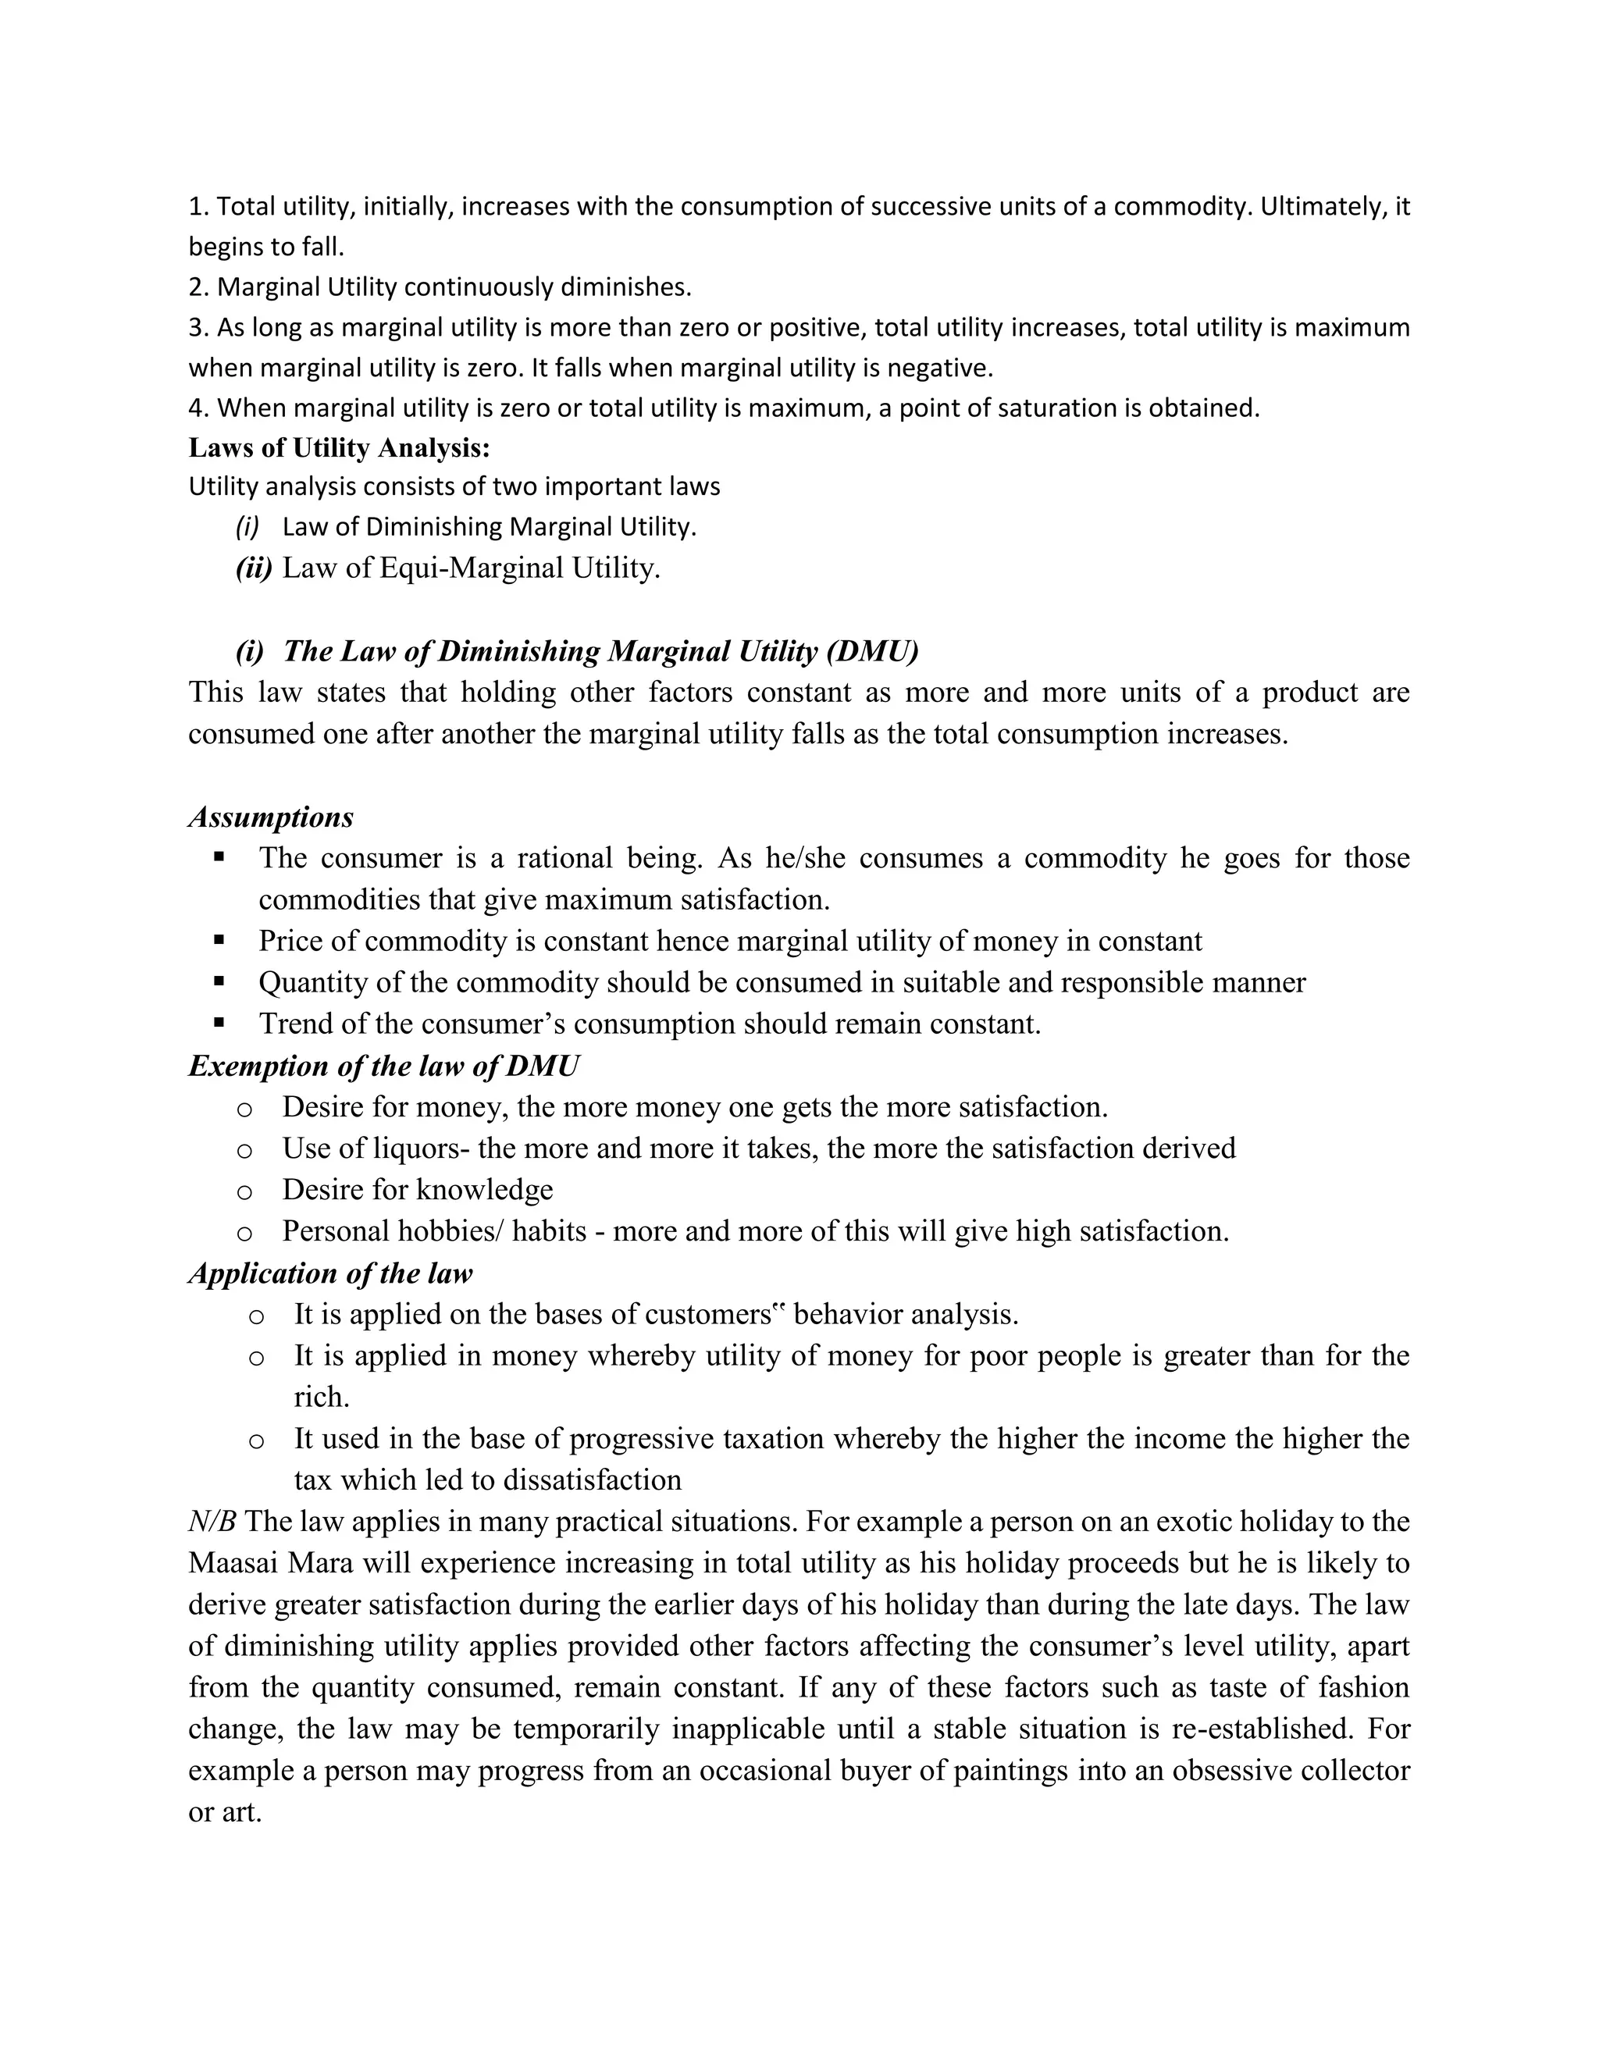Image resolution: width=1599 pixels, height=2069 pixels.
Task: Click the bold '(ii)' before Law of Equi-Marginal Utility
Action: [x=254, y=568]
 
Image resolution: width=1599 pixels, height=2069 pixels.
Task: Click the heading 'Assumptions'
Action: [x=271, y=817]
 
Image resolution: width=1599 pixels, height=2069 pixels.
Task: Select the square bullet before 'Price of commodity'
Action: [x=219, y=940]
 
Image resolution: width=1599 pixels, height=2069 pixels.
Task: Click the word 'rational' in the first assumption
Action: [x=564, y=858]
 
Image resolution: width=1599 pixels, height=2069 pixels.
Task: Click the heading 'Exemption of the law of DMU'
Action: [x=383, y=1066]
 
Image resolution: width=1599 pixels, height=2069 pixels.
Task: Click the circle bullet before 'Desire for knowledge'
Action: [x=244, y=1191]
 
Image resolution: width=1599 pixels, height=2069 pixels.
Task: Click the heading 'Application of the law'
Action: [x=330, y=1273]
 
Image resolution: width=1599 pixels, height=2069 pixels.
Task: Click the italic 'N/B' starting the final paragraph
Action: [x=212, y=1522]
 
